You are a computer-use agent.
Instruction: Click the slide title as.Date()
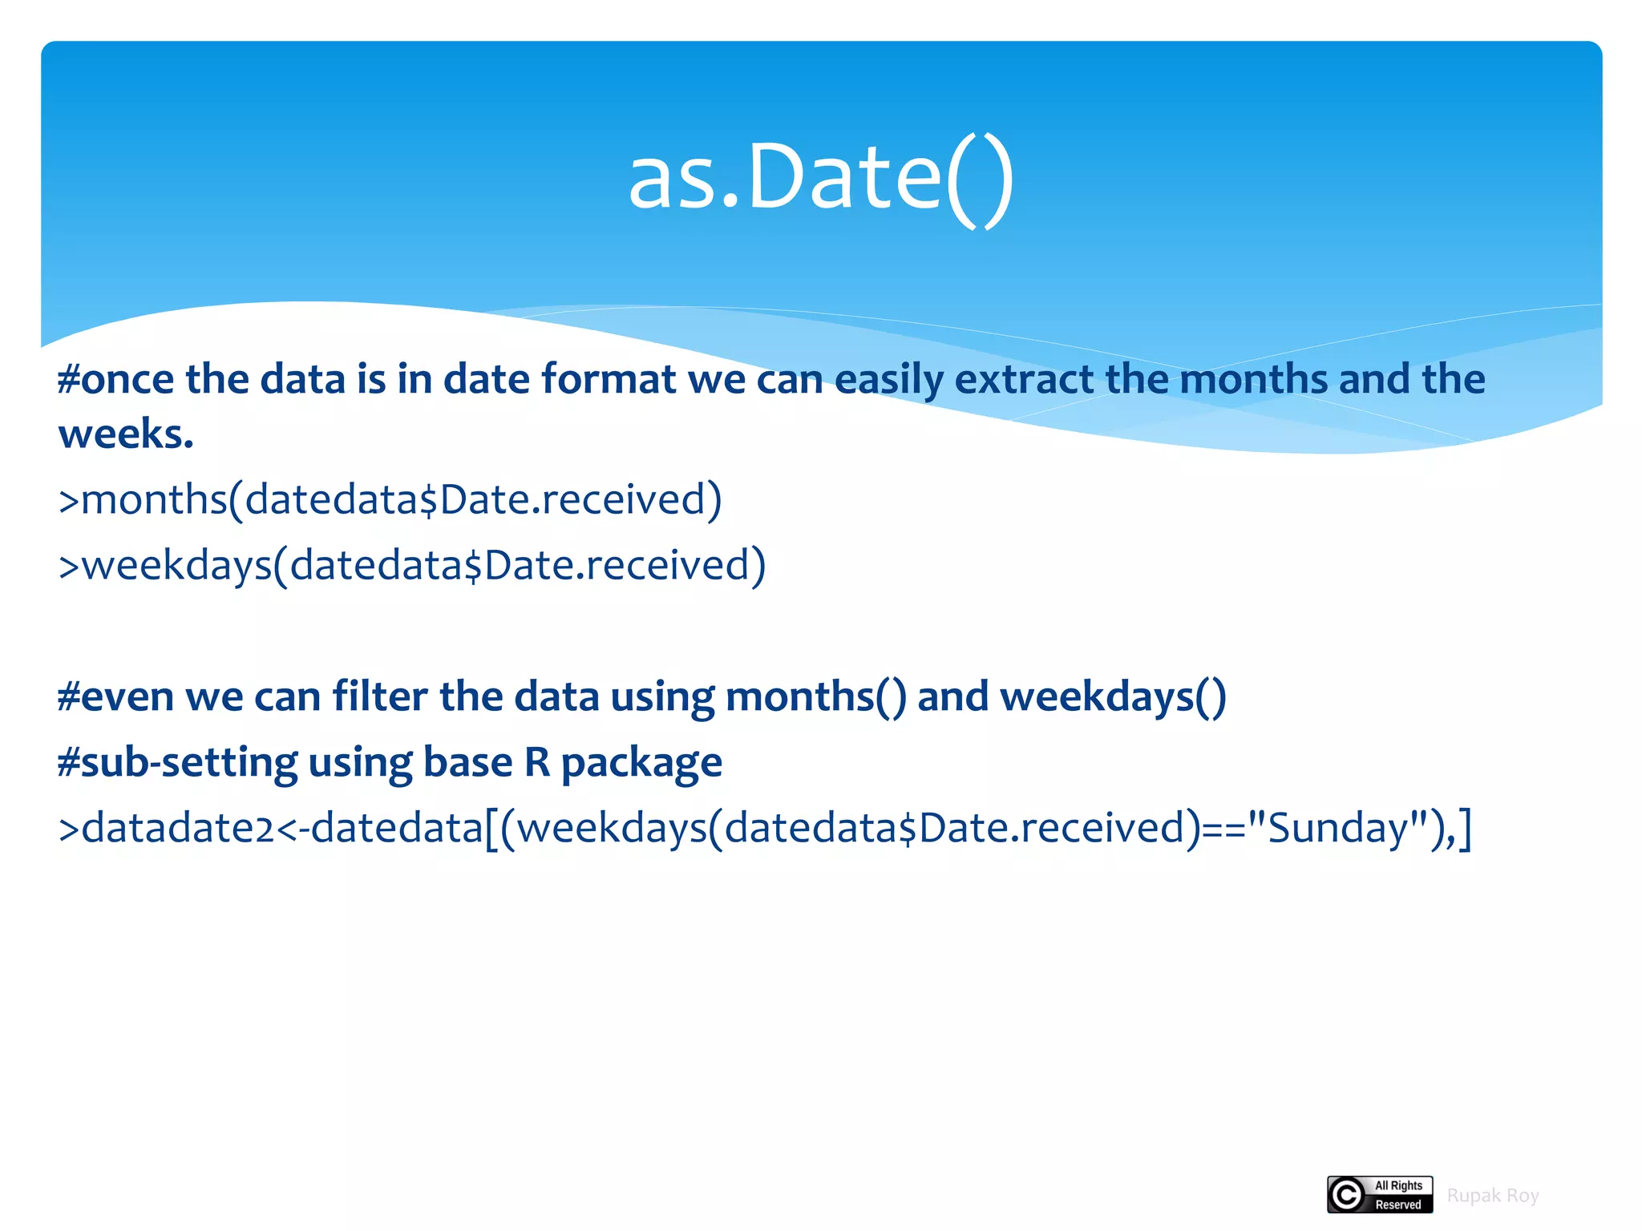click(821, 178)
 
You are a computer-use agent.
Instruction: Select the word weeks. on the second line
click(126, 435)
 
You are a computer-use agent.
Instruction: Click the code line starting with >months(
click(390, 500)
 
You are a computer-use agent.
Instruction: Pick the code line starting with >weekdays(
click(412, 566)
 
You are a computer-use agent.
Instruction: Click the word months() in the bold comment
click(815, 696)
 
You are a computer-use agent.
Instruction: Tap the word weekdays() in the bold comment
click(1113, 696)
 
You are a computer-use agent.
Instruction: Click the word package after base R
click(641, 763)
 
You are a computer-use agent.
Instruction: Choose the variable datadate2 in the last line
click(178, 828)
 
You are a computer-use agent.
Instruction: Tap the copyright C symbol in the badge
click(1347, 1195)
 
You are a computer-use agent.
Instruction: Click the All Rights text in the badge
click(1398, 1186)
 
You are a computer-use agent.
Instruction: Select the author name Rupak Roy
click(1492, 1196)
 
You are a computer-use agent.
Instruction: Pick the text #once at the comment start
click(115, 380)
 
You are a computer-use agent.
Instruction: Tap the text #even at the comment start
click(115, 696)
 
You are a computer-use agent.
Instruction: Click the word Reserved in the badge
click(1398, 1205)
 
